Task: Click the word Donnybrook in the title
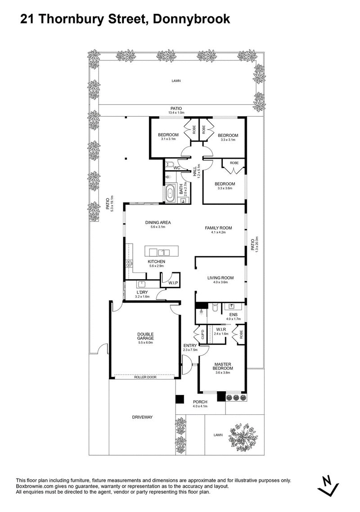(x=191, y=19)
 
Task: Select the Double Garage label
(x=145, y=336)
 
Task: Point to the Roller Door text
(x=145, y=377)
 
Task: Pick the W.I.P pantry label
(x=173, y=283)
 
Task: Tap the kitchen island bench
(x=162, y=252)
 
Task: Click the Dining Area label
(x=158, y=223)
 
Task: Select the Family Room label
(x=218, y=228)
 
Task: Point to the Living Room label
(x=220, y=278)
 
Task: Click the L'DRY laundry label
(x=142, y=292)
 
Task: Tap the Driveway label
(x=142, y=417)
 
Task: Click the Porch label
(x=200, y=402)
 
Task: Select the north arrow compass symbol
(x=328, y=485)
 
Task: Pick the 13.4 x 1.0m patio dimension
(x=176, y=113)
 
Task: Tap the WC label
(x=177, y=168)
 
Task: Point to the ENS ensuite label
(x=234, y=314)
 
